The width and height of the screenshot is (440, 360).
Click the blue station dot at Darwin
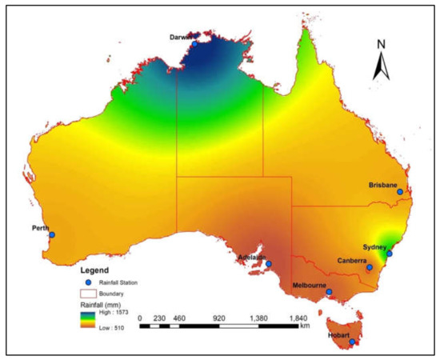click(194, 44)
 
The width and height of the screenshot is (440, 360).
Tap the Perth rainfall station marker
click(52, 234)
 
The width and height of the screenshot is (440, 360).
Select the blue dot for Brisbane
click(400, 192)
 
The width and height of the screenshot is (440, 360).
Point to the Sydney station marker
click(390, 254)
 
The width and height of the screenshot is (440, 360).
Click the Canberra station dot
click(370, 267)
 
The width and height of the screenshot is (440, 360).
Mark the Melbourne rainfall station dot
click(329, 292)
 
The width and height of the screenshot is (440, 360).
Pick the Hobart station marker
click(352, 342)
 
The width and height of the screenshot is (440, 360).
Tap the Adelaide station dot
click(269, 263)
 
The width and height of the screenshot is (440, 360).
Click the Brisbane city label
click(383, 185)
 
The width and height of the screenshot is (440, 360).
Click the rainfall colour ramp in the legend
click(86, 322)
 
